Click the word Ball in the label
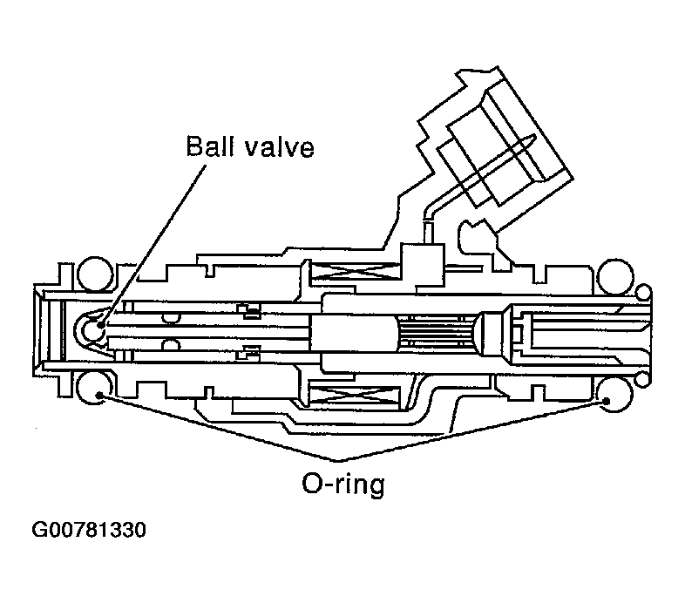pos(207,146)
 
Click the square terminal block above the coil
pos(420,258)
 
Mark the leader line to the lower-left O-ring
pos(218,427)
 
